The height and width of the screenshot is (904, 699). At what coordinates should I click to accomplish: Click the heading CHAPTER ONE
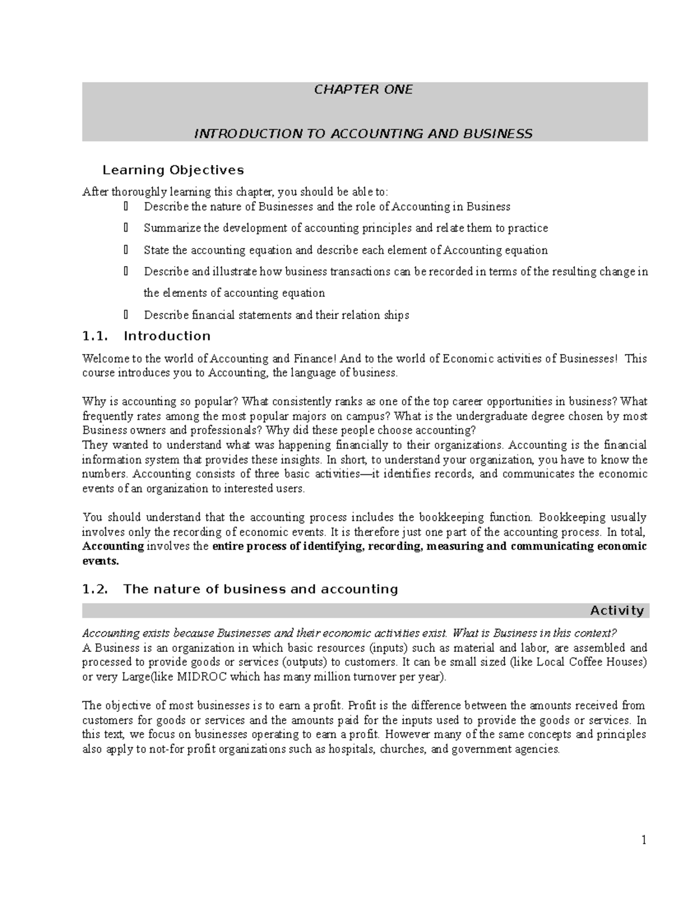coord(363,90)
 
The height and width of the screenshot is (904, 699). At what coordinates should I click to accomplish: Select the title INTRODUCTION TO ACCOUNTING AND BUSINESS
coord(363,134)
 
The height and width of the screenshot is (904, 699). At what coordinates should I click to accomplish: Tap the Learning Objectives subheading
coord(173,170)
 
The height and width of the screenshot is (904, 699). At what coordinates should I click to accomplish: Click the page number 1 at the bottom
coord(644,839)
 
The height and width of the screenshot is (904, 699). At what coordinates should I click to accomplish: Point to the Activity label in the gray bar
coord(617,610)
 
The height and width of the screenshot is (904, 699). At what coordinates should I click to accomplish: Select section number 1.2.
coord(96,589)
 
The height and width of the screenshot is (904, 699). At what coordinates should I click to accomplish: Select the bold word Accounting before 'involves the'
coord(113,546)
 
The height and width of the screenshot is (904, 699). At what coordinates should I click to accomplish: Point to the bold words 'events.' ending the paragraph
coord(100,561)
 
